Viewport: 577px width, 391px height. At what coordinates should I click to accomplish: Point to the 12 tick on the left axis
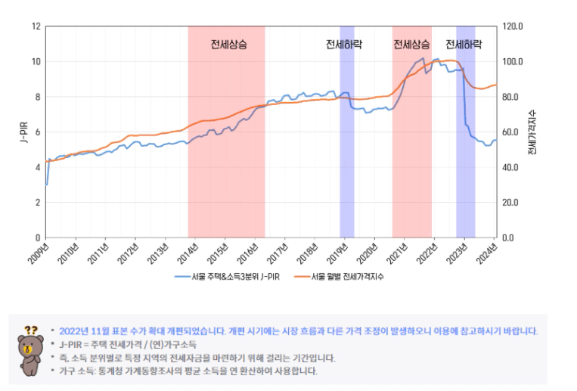pos(36,26)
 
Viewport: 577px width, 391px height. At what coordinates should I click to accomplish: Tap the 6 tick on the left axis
pos(37,132)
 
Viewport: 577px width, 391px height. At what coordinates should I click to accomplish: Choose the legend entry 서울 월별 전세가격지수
pos(347,277)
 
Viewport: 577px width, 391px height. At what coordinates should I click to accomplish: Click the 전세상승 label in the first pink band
pos(228,45)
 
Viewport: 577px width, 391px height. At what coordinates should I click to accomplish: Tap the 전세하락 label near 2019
pos(343,45)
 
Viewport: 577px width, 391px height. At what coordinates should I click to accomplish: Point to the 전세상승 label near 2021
pos(411,45)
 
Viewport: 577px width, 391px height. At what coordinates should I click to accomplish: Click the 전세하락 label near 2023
pos(464,45)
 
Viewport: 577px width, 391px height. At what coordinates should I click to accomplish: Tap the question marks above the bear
pos(30,330)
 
